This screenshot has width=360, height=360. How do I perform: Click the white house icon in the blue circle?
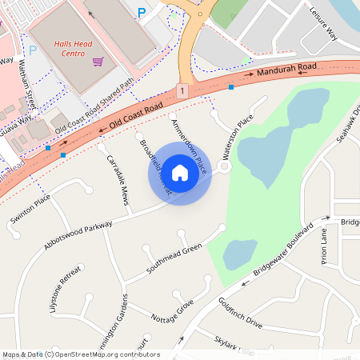[180, 172]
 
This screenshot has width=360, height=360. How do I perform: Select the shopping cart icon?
[98, 62]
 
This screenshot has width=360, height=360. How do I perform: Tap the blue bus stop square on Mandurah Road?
[230, 86]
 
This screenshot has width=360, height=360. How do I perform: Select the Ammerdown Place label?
[189, 146]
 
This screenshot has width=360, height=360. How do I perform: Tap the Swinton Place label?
[30, 208]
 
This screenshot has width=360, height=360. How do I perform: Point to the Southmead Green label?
[173, 261]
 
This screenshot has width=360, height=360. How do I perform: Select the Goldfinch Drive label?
[240, 313]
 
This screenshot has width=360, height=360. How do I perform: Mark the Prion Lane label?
[325, 245]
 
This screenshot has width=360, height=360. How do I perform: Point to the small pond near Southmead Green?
[239, 254]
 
